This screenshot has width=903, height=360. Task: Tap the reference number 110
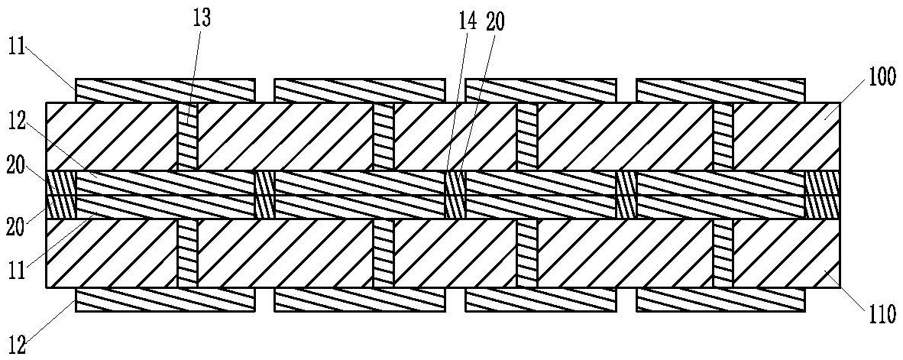pyautogui.click(x=882, y=315)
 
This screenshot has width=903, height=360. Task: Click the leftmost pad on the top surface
pyautogui.click(x=165, y=90)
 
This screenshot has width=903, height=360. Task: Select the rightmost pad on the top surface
pyautogui.click(x=720, y=90)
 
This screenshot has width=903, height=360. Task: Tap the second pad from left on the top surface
pyautogui.click(x=359, y=90)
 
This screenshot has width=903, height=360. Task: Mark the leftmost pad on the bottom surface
pyautogui.click(x=165, y=300)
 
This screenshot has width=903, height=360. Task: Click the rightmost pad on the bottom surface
pyautogui.click(x=720, y=300)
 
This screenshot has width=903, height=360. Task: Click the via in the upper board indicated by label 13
pyautogui.click(x=188, y=136)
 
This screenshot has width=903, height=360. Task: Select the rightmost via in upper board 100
pyautogui.click(x=723, y=136)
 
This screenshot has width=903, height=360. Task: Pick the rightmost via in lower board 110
pyautogui.click(x=723, y=253)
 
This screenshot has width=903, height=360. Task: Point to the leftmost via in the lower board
pyautogui.click(x=188, y=253)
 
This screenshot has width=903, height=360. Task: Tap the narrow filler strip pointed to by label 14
pyautogui.click(x=455, y=195)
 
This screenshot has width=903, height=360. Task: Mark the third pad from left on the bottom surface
pyautogui.click(x=541, y=300)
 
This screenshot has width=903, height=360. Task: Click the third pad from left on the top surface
pyautogui.click(x=541, y=90)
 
